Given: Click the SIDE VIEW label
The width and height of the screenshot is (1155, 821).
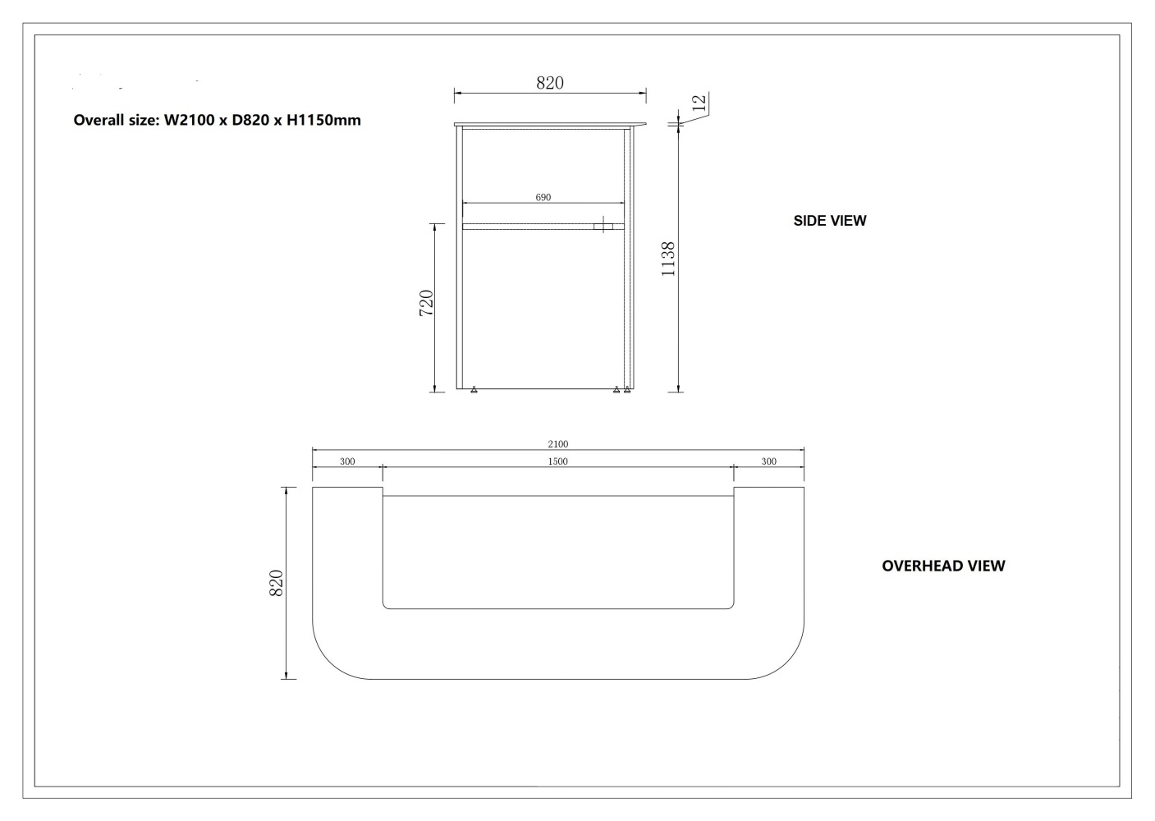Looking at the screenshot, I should tap(829, 221).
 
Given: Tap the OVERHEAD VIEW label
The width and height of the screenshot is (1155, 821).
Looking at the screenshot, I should tap(942, 566).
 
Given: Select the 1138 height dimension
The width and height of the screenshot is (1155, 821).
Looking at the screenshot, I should tap(668, 258).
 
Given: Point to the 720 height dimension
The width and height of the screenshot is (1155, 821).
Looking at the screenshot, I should tap(427, 303).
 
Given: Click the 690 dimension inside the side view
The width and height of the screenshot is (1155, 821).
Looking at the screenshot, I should tap(543, 197).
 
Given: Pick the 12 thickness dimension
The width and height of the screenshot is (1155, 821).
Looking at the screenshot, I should tap(699, 103).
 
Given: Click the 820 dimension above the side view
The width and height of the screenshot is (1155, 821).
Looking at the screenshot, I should tap(550, 83).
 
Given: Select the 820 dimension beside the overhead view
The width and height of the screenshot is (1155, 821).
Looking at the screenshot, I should tap(276, 583).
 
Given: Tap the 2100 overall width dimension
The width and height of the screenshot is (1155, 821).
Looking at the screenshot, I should tap(557, 444).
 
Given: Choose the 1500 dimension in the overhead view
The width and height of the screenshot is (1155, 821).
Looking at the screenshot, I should tap(557, 461).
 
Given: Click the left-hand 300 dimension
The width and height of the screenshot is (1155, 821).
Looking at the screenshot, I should tap(347, 461).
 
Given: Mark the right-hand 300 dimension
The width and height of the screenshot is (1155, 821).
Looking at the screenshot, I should tap(768, 461).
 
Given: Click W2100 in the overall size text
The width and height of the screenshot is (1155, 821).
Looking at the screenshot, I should tap(190, 121).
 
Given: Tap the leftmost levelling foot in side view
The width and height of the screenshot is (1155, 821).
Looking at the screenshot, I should tap(474, 390).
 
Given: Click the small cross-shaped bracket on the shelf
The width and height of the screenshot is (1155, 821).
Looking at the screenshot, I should tap(603, 225).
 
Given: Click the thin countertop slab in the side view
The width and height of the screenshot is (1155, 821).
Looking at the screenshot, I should tap(550, 125).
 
